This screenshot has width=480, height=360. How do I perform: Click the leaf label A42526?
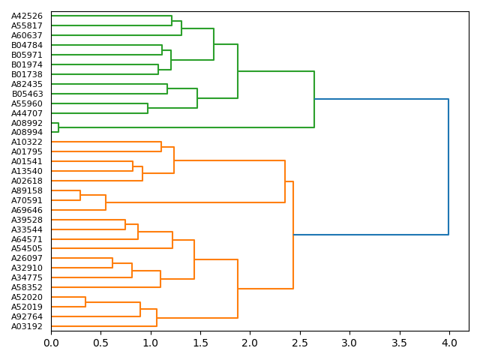coord(27,16)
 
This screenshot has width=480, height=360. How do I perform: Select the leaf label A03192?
coord(27,326)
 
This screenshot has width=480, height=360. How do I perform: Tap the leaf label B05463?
coord(27,94)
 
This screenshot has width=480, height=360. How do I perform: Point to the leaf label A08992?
coord(27,123)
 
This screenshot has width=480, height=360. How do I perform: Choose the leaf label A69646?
coord(27,210)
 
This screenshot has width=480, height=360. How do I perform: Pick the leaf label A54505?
coord(27,249)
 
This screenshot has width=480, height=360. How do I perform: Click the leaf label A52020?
coord(27,297)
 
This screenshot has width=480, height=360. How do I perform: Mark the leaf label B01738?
coord(27,74)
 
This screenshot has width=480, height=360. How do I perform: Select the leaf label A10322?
coord(27,142)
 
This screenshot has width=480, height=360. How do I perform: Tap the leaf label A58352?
coord(27,287)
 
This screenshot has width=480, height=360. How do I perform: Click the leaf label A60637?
coord(27,35)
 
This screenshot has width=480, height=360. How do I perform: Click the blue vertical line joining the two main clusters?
coord(448,166)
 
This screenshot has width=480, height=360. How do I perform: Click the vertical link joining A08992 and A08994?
coord(58,127)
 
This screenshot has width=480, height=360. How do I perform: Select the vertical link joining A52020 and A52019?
coord(85,301)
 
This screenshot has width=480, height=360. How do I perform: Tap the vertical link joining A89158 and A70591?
coord(80,196)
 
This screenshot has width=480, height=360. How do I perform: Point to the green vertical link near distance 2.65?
coord(314,99)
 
